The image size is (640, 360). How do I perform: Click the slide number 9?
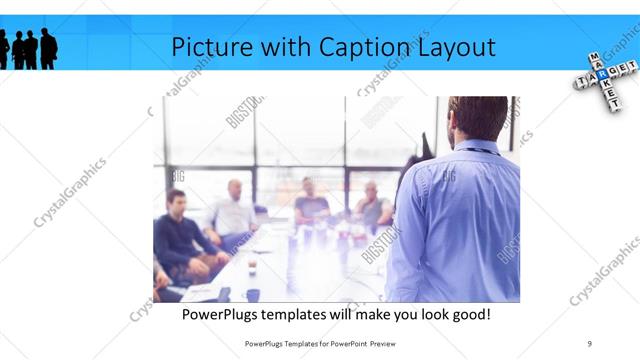pos(590,343)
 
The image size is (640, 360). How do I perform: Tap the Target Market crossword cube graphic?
pos(602,76)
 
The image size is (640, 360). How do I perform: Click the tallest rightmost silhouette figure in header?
pos(48,48)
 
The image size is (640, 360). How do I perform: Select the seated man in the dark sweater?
pos(178,235)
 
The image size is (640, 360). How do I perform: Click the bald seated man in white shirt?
pos(234,211)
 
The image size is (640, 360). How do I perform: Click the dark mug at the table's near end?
pos(253,294)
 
